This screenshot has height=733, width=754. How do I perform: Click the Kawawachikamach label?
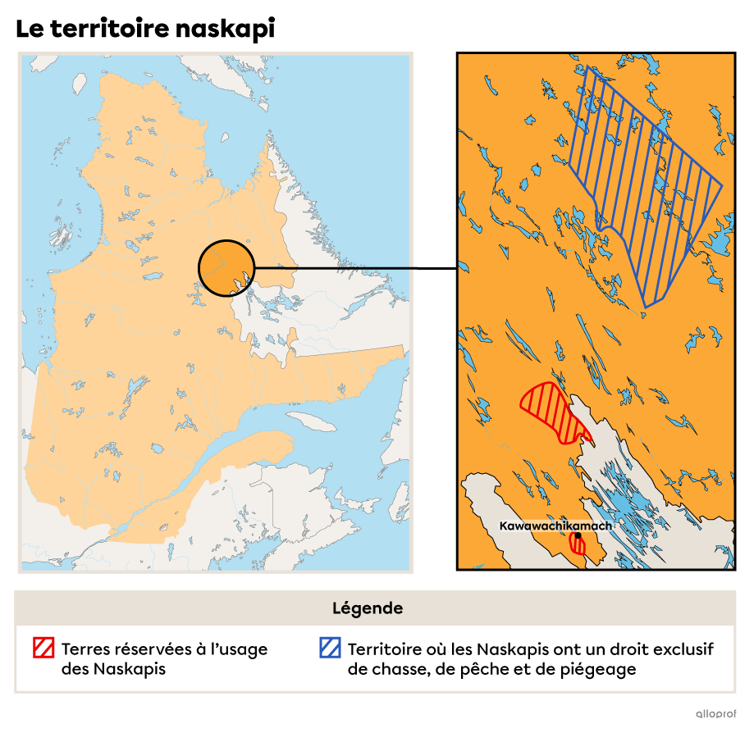click(555, 526)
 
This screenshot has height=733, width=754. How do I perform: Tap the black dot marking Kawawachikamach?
click(578, 535)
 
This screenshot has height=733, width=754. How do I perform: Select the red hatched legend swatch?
click(43, 649)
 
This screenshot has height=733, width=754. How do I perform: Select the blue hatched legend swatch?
click(330, 649)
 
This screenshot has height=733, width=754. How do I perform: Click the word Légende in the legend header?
click(368, 608)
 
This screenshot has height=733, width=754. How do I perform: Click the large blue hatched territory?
click(648, 189)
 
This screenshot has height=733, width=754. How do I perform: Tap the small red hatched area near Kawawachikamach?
click(578, 545)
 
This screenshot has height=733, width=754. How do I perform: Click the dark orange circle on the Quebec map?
click(226, 268)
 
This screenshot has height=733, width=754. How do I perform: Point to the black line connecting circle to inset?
click(332, 268)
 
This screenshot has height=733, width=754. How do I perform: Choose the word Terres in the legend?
click(85, 649)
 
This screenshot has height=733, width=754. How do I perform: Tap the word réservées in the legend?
click(151, 649)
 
